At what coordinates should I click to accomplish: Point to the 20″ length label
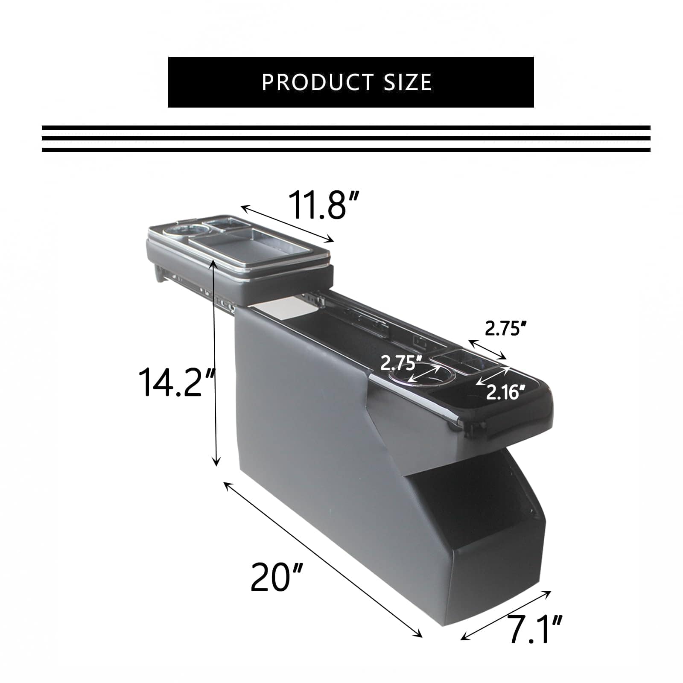click(x=277, y=577)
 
